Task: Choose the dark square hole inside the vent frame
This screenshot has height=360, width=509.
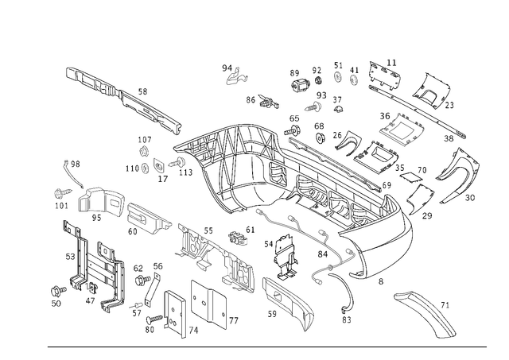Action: click(x=401, y=127)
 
